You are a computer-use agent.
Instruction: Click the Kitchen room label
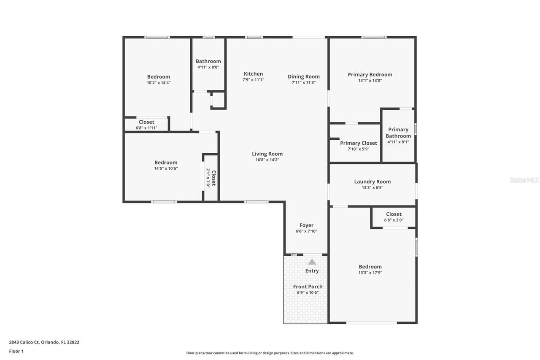[253, 74]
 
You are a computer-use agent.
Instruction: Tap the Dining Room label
[303, 76]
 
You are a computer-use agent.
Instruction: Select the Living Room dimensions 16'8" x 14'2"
[267, 160]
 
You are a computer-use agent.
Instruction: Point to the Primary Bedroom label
[370, 74]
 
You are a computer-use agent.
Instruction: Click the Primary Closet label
[359, 143]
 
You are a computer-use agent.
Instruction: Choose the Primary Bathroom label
[398, 133]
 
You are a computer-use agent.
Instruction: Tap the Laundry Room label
[372, 181]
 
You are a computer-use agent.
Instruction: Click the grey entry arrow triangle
[312, 262]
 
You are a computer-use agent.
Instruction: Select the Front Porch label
[308, 287]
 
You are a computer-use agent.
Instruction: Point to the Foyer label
[306, 225]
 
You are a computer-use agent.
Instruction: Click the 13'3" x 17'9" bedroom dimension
[370, 273]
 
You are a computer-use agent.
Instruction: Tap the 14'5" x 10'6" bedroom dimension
[166, 168]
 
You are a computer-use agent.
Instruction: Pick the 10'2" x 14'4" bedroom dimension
[158, 83]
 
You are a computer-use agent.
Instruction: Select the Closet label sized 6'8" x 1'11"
[146, 122]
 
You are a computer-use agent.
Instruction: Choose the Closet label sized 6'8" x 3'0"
[394, 214]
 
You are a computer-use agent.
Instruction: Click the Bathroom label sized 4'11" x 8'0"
[208, 61]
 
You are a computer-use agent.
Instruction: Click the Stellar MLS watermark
[524, 180]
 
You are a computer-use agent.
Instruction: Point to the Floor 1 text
[16, 351]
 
